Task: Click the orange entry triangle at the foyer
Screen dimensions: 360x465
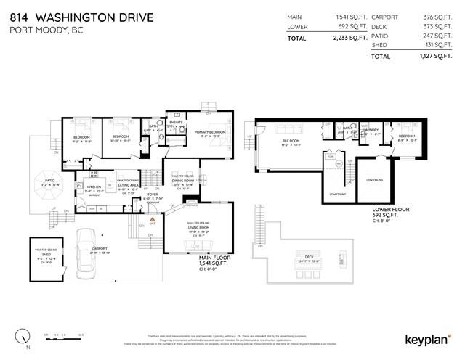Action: pos(153,218)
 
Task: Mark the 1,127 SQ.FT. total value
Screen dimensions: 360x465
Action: pos(432,56)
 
